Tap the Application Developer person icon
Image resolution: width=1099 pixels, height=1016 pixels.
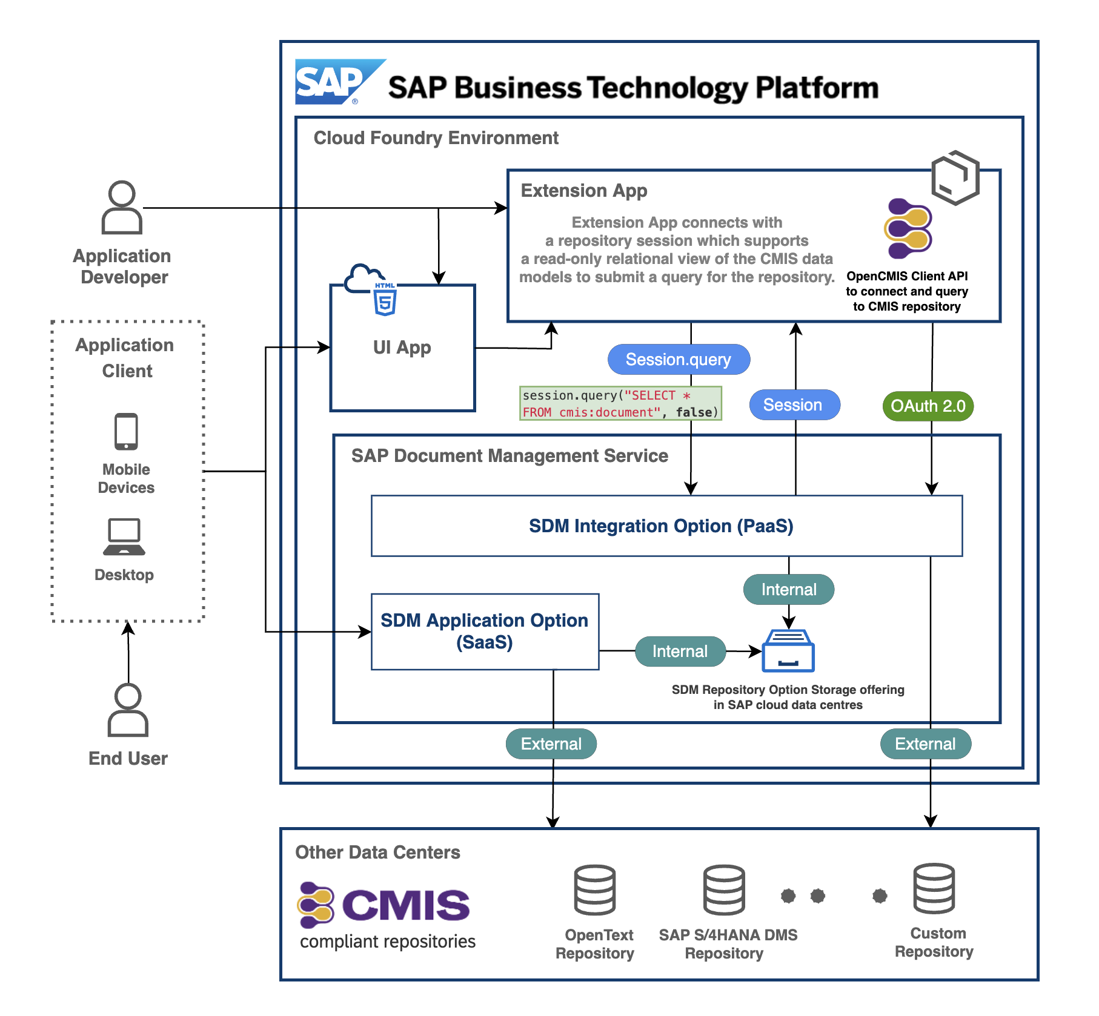(122, 208)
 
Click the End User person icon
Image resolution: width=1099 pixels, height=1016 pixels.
(128, 710)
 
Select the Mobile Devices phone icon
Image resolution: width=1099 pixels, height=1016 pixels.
(126, 432)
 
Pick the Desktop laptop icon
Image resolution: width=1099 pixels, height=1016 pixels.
(124, 537)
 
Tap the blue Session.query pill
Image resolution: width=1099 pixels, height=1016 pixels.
(679, 360)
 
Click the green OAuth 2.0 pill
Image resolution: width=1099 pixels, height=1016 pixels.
(928, 406)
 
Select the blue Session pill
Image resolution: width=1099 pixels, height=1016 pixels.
(794, 405)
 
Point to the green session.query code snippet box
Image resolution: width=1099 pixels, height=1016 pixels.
(620, 403)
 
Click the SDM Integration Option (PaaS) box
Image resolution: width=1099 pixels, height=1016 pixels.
(666, 526)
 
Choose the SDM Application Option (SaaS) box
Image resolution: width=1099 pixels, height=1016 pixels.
(485, 632)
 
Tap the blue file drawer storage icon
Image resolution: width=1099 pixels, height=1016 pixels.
(788, 651)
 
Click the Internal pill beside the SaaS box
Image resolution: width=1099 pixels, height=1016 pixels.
(680, 651)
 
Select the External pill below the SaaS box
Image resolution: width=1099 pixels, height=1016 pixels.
(551, 744)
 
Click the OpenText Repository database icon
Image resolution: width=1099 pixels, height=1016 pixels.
(595, 890)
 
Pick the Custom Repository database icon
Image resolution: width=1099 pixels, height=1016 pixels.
(934, 888)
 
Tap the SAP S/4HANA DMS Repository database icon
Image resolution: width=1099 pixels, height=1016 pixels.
(724, 890)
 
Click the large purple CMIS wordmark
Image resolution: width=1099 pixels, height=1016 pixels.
(406, 905)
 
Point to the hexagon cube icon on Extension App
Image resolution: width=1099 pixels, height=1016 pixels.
(955, 177)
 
